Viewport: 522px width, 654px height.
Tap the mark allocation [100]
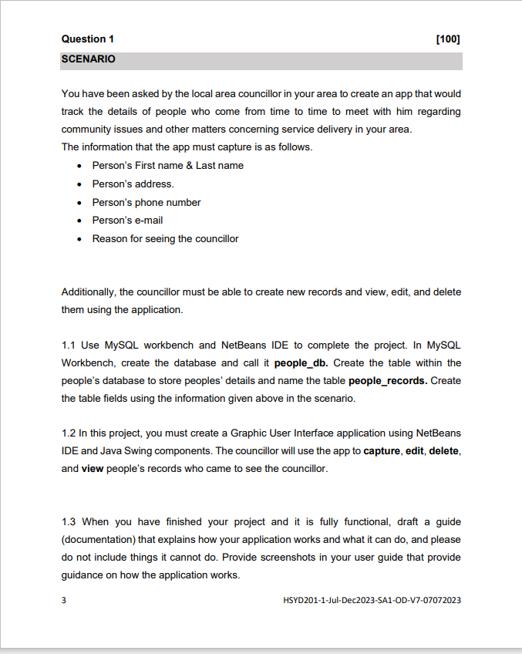(448, 39)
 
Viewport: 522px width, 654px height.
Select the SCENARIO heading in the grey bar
(88, 59)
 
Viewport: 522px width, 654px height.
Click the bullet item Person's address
(133, 184)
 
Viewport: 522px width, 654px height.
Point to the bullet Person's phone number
(146, 203)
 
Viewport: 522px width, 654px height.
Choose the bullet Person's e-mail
(127, 221)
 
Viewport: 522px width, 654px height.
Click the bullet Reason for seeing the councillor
(165, 239)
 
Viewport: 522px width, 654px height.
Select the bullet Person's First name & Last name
(167, 166)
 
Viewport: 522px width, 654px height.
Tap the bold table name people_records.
(388, 381)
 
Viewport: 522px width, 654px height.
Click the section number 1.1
(69, 345)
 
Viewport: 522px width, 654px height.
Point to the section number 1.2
(69, 433)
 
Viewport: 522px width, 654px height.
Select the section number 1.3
(69, 522)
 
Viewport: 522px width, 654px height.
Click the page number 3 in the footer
(64, 599)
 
